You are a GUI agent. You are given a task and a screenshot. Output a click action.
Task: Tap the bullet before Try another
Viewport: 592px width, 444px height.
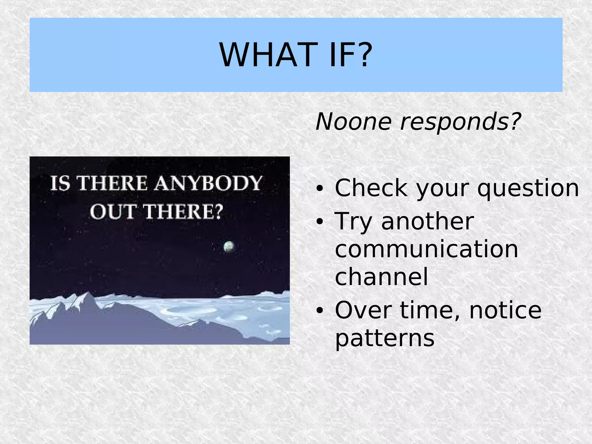coord(319,222)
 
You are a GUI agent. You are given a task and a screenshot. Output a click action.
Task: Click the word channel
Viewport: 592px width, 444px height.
coord(381,276)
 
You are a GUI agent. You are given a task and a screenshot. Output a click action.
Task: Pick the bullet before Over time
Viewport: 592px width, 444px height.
coord(319,310)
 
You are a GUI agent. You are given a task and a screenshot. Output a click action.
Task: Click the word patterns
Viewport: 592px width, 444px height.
coord(384,339)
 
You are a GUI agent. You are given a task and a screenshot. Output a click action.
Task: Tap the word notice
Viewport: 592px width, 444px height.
coord(505,310)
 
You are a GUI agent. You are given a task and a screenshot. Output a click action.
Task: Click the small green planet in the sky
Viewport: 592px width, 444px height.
coord(229,246)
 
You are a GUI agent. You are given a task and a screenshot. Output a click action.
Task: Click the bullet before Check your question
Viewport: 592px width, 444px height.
coord(319,188)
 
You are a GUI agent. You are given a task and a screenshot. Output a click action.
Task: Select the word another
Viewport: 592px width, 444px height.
coord(428,221)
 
